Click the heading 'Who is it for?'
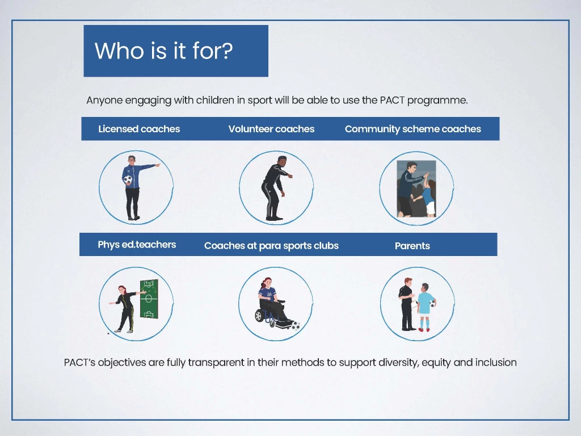pyautogui.click(x=163, y=51)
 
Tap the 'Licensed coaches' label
pyautogui.click(x=139, y=129)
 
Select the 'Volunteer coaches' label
pyautogui.click(x=271, y=129)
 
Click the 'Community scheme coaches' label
pyautogui.click(x=413, y=129)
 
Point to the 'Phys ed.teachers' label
pyautogui.click(x=137, y=245)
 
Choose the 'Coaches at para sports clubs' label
pyautogui.click(x=271, y=246)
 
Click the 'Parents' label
pyautogui.click(x=412, y=246)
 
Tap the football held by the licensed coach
pyautogui.click(x=128, y=179)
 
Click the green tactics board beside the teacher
pyautogui.click(x=149, y=299)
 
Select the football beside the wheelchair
pyautogui.click(x=295, y=326)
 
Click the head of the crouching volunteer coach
pyautogui.click(x=281, y=161)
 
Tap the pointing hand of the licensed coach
pyautogui.click(x=158, y=165)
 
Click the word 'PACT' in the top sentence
pyautogui.click(x=393, y=100)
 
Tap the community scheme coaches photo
pyautogui.click(x=416, y=188)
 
